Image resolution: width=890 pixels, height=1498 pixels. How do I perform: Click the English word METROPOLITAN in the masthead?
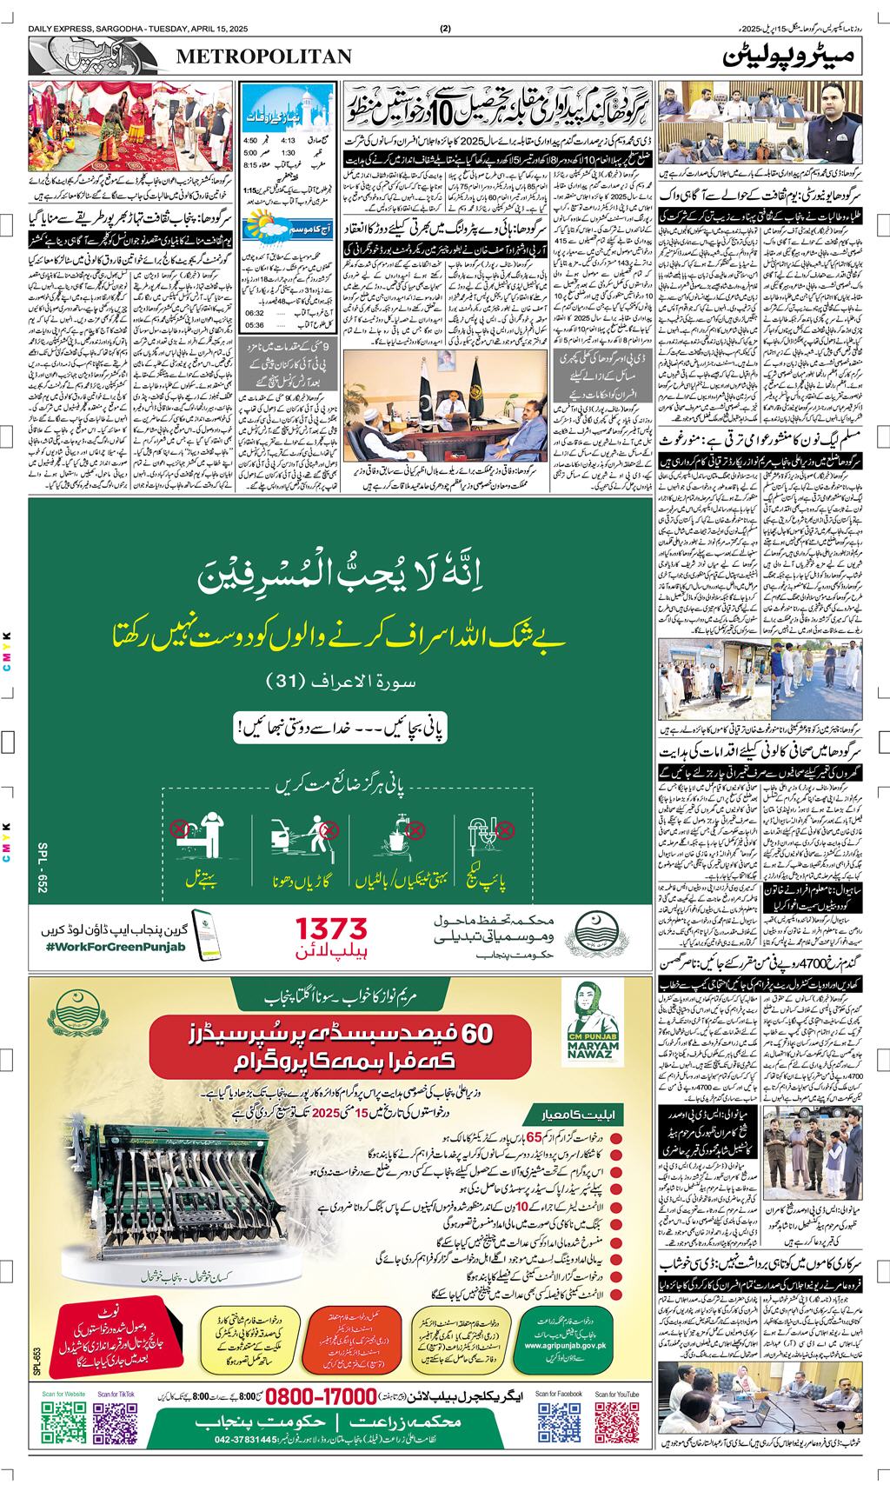coord(264,57)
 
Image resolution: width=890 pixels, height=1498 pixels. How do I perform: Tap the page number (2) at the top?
coord(445,29)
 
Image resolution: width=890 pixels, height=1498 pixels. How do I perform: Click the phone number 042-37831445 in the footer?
coord(240,1464)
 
